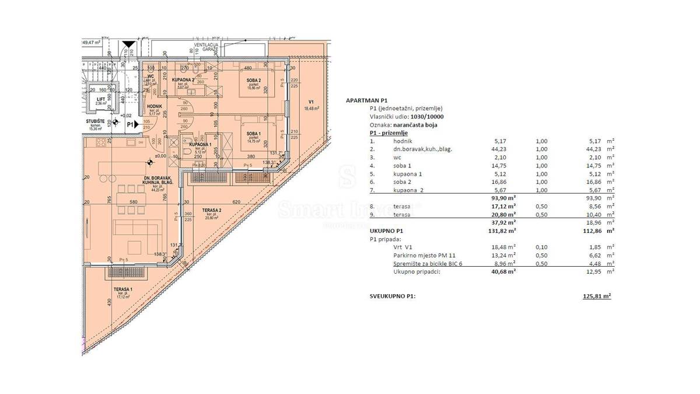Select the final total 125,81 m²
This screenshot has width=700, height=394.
coord(596,296)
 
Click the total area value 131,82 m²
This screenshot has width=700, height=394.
coord(502,231)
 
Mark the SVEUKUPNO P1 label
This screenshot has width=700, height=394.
coord(393,296)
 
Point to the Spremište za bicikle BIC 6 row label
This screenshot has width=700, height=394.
coord(430,263)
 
